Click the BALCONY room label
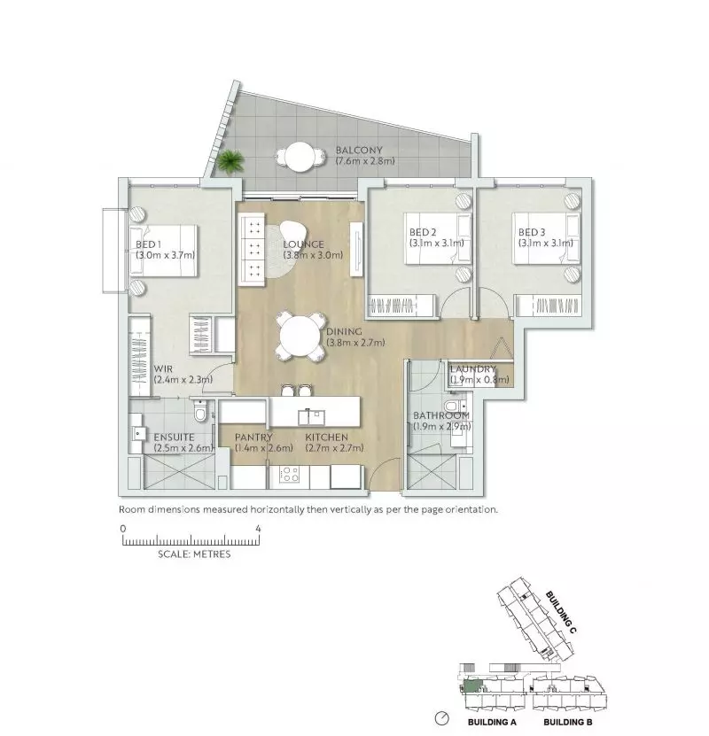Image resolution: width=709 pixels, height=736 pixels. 360,150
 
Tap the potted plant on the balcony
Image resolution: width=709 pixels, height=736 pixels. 231,162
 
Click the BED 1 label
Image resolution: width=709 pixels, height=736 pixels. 147,244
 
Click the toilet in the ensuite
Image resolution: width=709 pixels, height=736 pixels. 202,412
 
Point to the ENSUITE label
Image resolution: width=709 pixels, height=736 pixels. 173,438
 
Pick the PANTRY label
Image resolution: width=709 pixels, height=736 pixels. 253,438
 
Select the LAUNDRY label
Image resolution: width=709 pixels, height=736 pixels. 472,369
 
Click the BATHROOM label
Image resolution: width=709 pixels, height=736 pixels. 441,415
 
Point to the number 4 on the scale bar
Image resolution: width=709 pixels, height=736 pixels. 258,529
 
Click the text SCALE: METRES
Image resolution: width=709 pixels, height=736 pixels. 193,554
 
